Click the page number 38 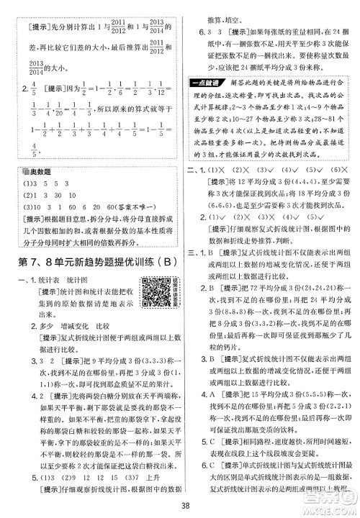click(180, 504)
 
